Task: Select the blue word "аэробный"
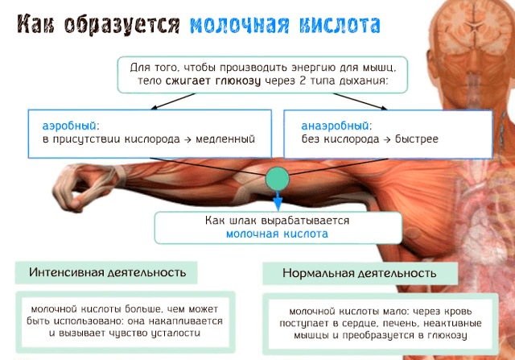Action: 70,126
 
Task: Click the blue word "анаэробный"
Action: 336,126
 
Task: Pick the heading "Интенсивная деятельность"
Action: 112,272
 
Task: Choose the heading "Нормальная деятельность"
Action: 359,273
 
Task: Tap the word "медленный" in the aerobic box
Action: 229,139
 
